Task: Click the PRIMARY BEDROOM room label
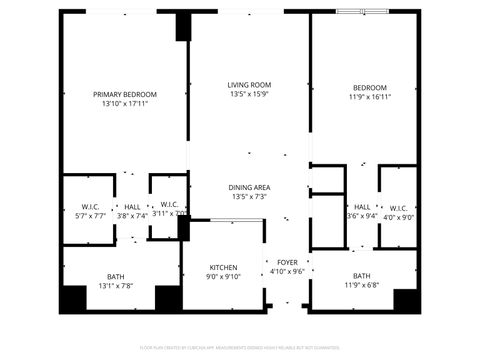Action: [125, 94]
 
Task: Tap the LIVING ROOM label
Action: [249, 85]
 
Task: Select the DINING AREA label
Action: [249, 187]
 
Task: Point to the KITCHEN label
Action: [223, 268]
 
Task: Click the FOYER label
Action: [288, 261]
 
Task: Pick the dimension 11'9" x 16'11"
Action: [369, 97]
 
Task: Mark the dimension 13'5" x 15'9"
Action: [249, 95]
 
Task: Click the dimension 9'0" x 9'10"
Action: [223, 277]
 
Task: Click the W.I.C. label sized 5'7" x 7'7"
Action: [90, 207]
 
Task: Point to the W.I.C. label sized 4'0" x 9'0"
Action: [398, 208]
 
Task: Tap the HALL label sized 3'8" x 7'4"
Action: [132, 207]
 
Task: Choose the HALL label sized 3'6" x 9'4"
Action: [362, 208]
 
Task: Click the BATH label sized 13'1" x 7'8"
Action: [117, 277]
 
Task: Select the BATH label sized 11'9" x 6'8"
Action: [361, 276]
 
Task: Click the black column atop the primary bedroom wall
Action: [183, 27]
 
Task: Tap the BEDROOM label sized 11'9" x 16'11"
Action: [369, 88]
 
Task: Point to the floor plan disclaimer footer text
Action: [240, 349]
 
